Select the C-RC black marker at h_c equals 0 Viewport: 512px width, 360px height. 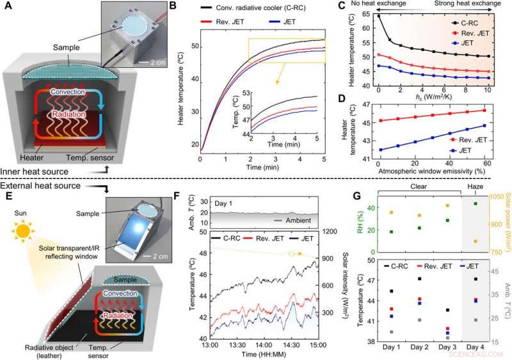(x=380, y=15)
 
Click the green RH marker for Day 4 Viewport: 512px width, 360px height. (x=476, y=203)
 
